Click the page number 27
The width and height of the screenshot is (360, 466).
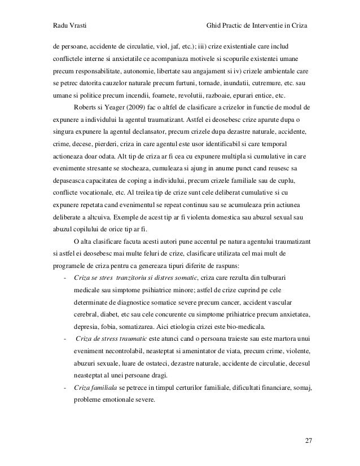(308, 439)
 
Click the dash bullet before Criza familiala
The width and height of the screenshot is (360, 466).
(67, 388)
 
